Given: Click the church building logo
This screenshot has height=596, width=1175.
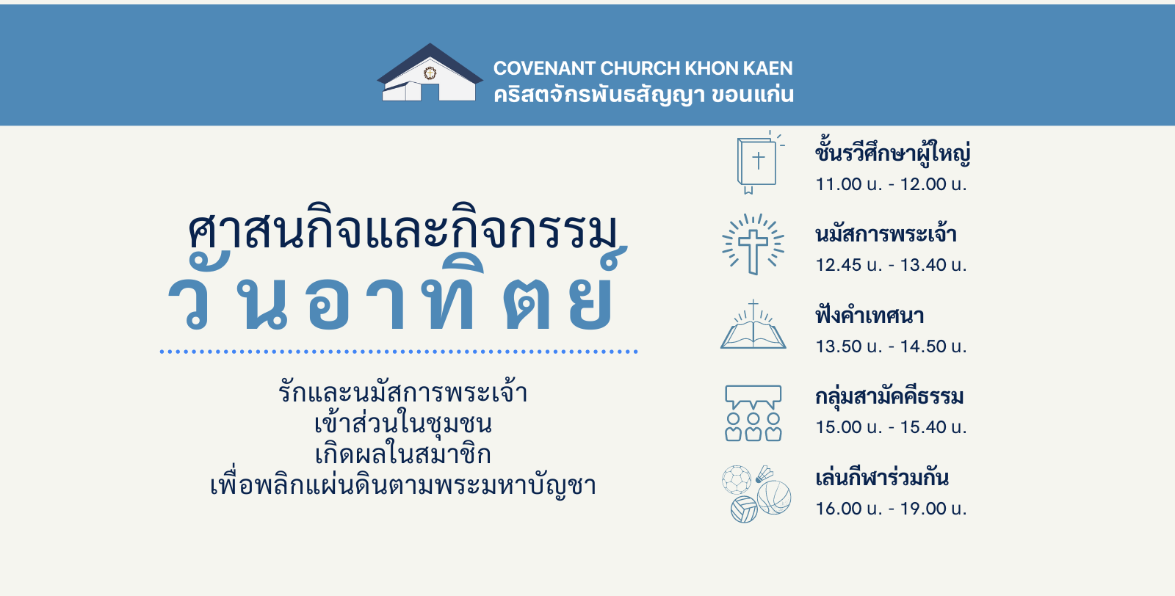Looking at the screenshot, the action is [x=430, y=73].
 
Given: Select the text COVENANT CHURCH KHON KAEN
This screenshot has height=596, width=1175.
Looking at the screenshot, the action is [x=643, y=68].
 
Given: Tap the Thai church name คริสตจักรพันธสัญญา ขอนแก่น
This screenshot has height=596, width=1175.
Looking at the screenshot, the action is [x=643, y=95].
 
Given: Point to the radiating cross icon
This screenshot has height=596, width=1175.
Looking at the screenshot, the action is [x=753, y=244].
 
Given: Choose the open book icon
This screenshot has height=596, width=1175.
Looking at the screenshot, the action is [x=753, y=324].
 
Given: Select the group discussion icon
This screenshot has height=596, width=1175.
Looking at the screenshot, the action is [x=753, y=413].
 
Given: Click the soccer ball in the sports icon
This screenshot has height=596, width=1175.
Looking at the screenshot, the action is [x=737, y=479].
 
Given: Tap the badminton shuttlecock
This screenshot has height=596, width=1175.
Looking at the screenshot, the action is [x=764, y=474].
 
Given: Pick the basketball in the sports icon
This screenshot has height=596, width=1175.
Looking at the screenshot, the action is [x=774, y=498].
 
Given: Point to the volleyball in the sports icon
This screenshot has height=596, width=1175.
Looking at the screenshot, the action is [x=745, y=509].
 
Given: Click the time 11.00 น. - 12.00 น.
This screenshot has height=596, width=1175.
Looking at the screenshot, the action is [x=891, y=184].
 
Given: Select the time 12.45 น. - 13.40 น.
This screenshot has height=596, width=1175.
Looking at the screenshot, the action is [x=891, y=265].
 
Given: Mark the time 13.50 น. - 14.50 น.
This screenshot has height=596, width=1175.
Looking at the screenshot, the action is [x=891, y=346].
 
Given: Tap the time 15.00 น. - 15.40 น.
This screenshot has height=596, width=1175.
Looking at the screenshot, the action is [x=891, y=426].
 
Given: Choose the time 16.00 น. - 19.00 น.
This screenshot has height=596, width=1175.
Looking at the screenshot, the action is [x=891, y=508].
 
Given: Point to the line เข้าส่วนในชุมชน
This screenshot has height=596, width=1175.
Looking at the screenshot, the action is [x=403, y=423].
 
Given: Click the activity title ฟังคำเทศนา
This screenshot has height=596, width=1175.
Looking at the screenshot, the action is [x=869, y=316].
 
